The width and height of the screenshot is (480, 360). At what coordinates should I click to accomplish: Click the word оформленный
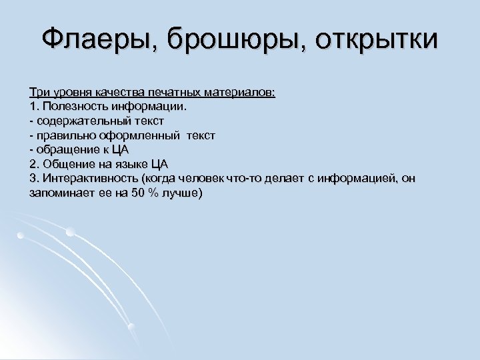tap(143, 135)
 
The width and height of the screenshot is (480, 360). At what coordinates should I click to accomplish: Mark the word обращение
tap(67, 150)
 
